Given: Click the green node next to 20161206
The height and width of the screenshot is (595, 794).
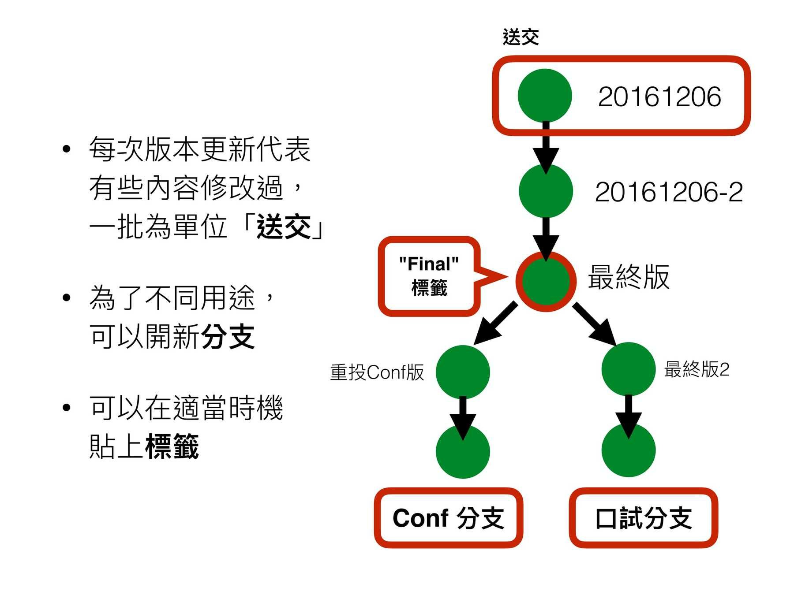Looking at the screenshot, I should (545, 96).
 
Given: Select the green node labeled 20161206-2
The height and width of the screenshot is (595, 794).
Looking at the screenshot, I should (546, 191).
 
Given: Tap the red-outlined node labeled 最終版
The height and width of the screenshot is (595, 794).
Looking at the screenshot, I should (546, 281).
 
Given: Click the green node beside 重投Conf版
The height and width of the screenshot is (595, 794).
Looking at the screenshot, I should (463, 372).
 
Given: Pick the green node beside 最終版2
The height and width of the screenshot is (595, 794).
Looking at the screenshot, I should (628, 369).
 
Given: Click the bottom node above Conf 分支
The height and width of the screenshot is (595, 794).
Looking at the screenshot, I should (463, 452).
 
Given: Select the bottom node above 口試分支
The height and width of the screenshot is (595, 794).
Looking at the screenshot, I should (628, 450).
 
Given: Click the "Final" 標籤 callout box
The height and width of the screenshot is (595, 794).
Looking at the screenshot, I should (429, 276).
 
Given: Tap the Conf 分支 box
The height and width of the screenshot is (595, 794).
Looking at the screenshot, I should (448, 518).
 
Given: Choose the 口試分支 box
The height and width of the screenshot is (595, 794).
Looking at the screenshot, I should (644, 518).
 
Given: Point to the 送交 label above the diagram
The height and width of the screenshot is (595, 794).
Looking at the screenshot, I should (521, 37).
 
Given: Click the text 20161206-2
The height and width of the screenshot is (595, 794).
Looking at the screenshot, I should (668, 192).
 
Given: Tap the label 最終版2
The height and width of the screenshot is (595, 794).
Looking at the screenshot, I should (697, 369).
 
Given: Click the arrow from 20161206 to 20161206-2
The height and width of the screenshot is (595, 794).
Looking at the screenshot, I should (546, 148).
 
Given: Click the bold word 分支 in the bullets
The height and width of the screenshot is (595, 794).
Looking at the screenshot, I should (228, 337).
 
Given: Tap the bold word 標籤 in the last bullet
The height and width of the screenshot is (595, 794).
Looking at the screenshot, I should (172, 446).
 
